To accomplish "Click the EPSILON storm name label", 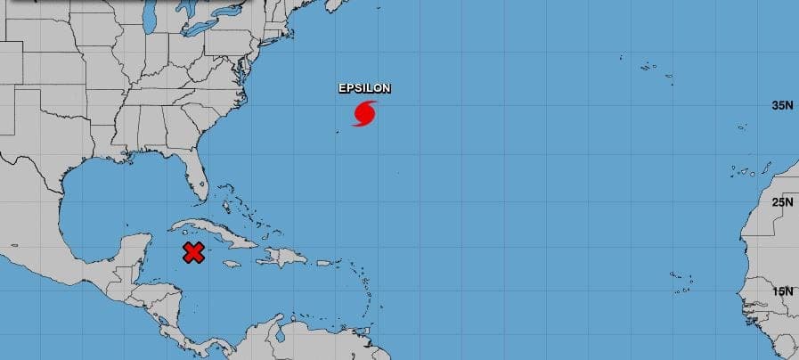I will [364, 88].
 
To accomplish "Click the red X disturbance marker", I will [193, 252].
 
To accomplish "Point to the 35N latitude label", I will [782, 105].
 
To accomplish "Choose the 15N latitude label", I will [782, 291].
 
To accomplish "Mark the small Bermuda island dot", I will [338, 134].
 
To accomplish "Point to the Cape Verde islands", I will [681, 281].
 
